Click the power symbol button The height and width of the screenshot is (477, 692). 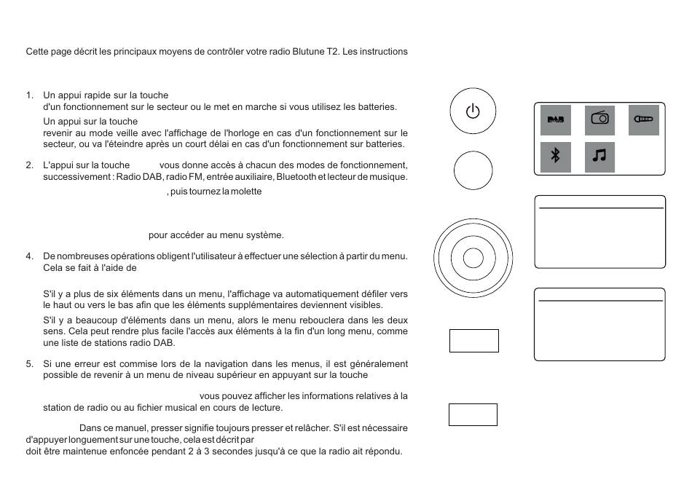[473, 112]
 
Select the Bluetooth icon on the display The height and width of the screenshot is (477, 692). [556, 157]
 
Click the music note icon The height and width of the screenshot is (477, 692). [599, 157]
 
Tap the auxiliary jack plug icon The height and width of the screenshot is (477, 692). [643, 119]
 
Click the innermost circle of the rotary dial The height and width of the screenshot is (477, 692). [473, 258]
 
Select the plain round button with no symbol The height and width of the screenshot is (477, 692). [473, 171]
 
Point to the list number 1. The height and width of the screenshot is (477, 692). [29, 95]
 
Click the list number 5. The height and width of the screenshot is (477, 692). [29, 363]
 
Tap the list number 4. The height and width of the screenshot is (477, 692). [29, 256]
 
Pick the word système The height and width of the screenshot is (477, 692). [266, 234]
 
